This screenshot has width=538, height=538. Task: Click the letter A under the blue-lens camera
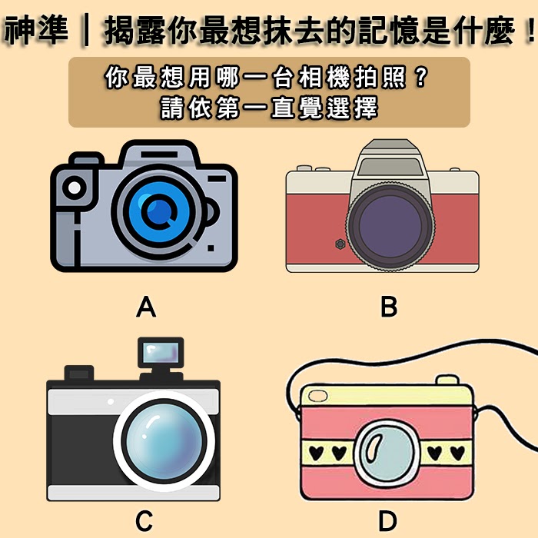click(x=146, y=308)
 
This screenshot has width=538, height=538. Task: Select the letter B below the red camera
click(x=389, y=307)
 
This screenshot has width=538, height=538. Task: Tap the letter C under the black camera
click(x=144, y=521)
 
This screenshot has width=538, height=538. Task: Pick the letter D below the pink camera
click(x=387, y=521)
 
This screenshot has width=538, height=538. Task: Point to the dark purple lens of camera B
click(x=388, y=219)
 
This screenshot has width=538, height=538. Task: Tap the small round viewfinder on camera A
click(x=75, y=186)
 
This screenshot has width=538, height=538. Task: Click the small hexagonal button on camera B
click(x=338, y=244)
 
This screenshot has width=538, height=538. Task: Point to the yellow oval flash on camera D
click(x=317, y=397)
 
